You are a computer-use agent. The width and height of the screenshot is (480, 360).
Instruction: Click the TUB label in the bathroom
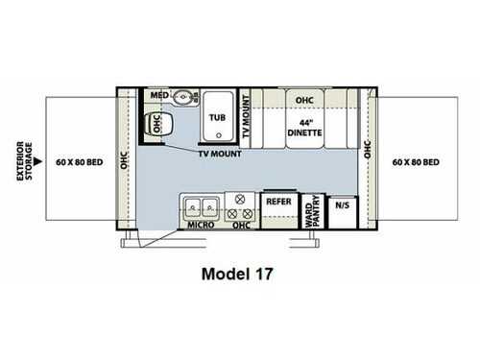pyautogui.click(x=217, y=118)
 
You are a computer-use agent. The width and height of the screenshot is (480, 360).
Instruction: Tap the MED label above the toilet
pyautogui.click(x=159, y=95)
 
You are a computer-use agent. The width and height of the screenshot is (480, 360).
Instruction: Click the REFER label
pyautogui.click(x=278, y=202)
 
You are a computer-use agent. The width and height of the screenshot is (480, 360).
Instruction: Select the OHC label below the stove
pyautogui.click(x=242, y=226)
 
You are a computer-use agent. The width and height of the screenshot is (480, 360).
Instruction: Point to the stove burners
pyautogui.click(x=242, y=204)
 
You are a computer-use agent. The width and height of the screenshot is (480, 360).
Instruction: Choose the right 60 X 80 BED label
pyautogui.click(x=416, y=162)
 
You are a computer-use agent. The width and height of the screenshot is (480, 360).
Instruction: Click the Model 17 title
pyautogui.click(x=237, y=273)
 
